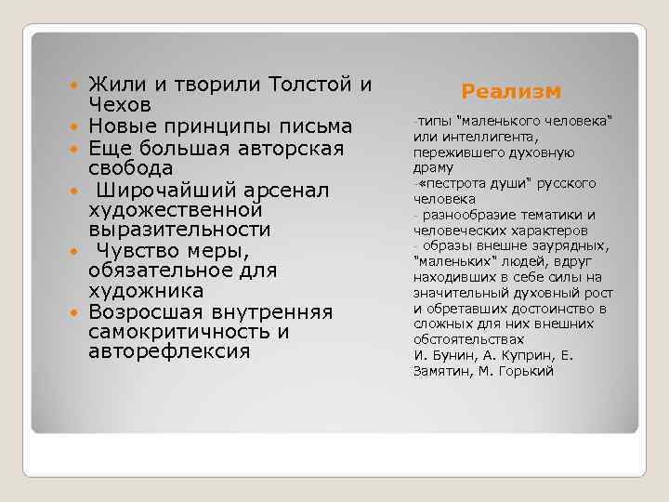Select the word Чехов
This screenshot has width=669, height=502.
click(x=125, y=105)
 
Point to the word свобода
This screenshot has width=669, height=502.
click(x=130, y=168)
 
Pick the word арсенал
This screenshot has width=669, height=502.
click(x=286, y=190)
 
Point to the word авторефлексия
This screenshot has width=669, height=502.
click(x=169, y=352)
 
